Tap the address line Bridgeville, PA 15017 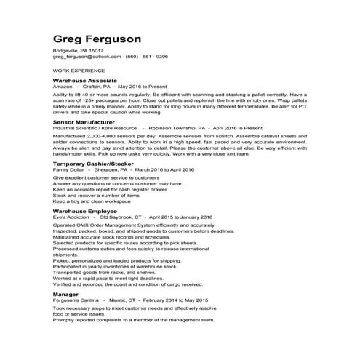[x=73, y=50]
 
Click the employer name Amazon [x=63, y=85]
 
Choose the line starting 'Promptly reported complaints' [x=133, y=319]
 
